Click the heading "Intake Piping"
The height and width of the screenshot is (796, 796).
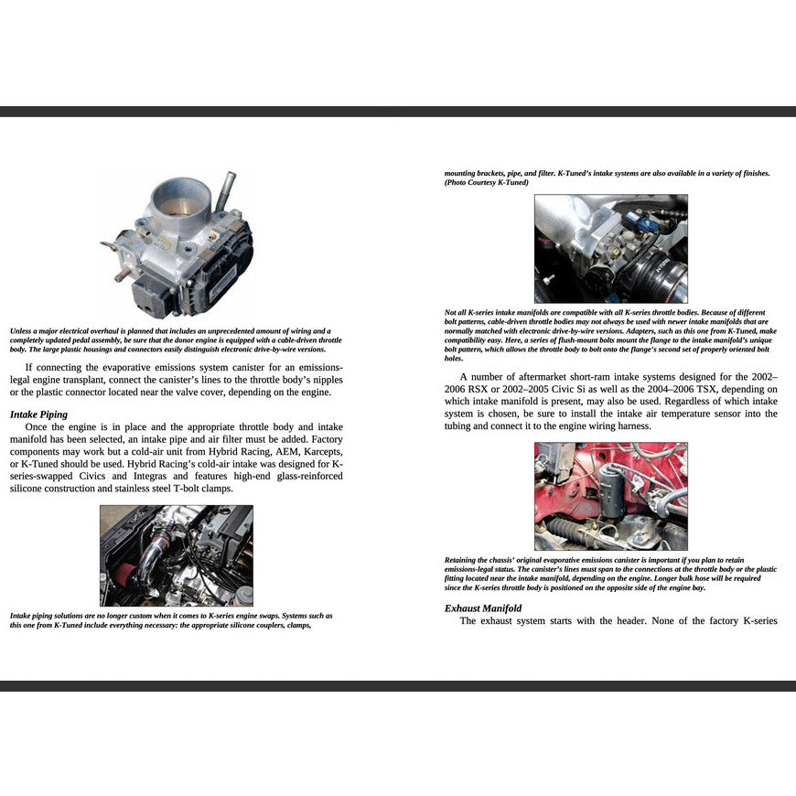(38, 414)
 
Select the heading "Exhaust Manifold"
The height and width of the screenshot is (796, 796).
(483, 608)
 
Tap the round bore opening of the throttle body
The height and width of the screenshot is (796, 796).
(182, 197)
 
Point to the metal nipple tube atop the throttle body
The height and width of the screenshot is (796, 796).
(225, 187)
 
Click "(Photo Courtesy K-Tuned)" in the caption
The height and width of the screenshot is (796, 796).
(487, 182)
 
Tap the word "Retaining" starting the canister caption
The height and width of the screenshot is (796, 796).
(464, 559)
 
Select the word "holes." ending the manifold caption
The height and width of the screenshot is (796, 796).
(454, 359)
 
